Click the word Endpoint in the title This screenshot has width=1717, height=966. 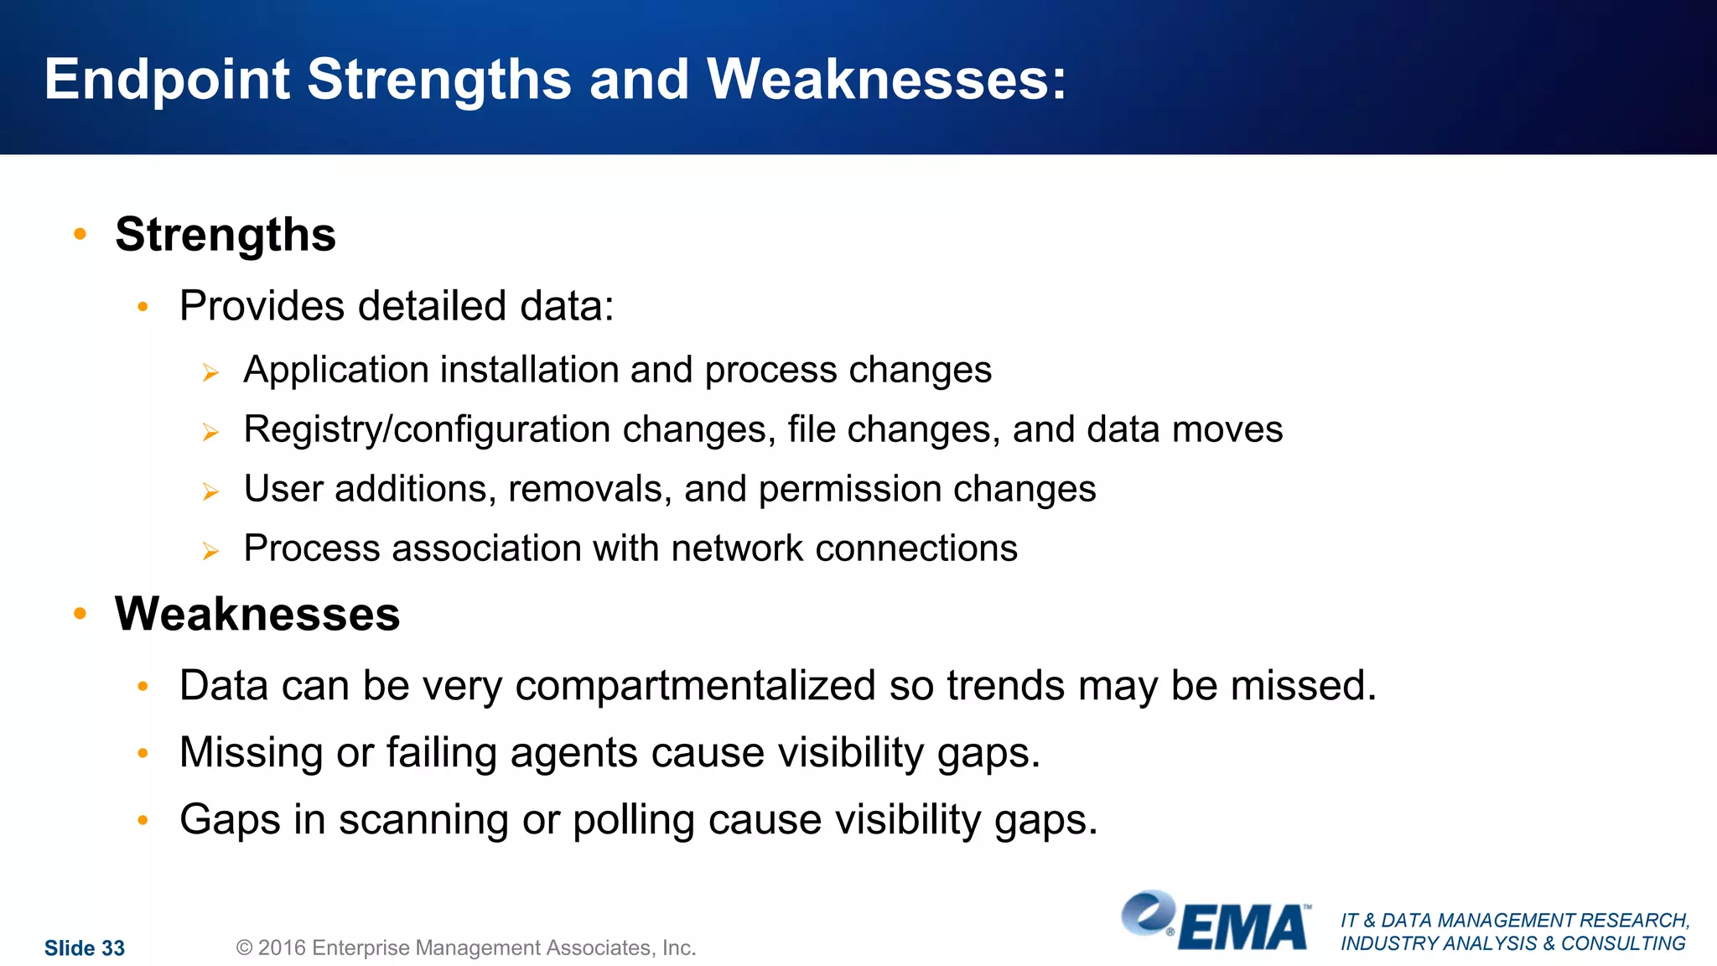166,80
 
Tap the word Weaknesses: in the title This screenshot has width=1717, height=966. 886,80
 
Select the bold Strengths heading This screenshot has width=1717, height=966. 226,235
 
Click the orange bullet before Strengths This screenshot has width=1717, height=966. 80,234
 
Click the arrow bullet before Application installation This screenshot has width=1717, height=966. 210,372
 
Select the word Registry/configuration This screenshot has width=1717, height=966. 428,430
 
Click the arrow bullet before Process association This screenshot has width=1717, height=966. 210,551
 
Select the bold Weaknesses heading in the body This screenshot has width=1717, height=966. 257,614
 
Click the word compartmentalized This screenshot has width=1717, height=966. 695,686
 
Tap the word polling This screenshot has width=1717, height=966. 633,820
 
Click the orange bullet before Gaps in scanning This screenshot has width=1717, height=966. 143,819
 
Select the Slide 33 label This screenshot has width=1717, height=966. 85,948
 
